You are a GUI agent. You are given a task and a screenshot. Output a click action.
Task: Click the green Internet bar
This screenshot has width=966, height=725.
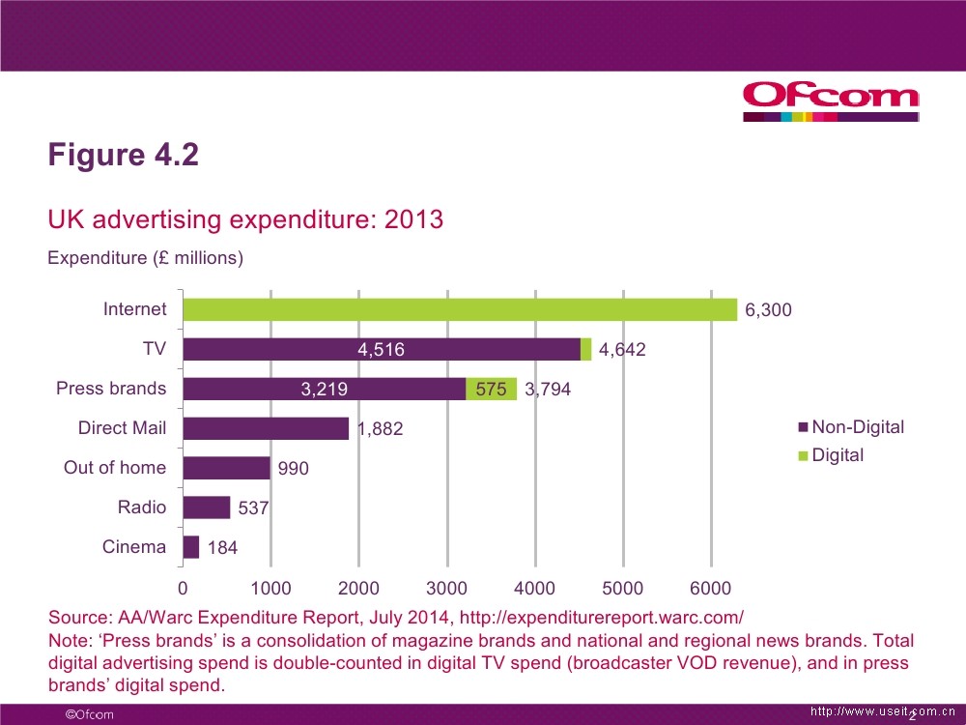tap(460, 309)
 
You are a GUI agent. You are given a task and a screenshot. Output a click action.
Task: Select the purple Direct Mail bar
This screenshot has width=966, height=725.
tap(266, 428)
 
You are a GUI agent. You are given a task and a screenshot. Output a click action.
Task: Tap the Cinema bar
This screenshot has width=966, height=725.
tap(191, 547)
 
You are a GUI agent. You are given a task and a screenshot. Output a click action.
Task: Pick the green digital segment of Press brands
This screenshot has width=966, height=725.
tap(491, 389)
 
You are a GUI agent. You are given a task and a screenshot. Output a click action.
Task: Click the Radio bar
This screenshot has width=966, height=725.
tap(207, 507)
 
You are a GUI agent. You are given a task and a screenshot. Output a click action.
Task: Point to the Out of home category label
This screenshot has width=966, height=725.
tap(115, 468)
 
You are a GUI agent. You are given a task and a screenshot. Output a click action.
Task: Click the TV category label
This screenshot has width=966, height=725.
tap(155, 349)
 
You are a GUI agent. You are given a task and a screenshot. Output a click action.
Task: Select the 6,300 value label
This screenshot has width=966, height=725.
tap(769, 310)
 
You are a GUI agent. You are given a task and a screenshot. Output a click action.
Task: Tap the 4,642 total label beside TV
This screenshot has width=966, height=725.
tap(622, 351)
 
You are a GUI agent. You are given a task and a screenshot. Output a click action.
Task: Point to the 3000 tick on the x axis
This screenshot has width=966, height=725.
tap(447, 589)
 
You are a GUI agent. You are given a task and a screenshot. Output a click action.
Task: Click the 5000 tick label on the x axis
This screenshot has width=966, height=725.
tap(623, 589)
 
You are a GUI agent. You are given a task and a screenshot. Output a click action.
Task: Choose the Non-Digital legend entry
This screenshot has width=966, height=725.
tap(851, 427)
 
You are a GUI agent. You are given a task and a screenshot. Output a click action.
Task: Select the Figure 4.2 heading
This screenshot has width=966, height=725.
tap(124, 155)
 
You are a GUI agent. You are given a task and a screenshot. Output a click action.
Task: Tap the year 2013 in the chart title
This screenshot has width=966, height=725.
tap(413, 219)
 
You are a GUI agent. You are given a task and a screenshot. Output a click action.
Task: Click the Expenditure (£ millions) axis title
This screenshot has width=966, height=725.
tap(145, 258)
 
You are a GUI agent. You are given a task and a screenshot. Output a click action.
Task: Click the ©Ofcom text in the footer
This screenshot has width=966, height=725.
tap(89, 714)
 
